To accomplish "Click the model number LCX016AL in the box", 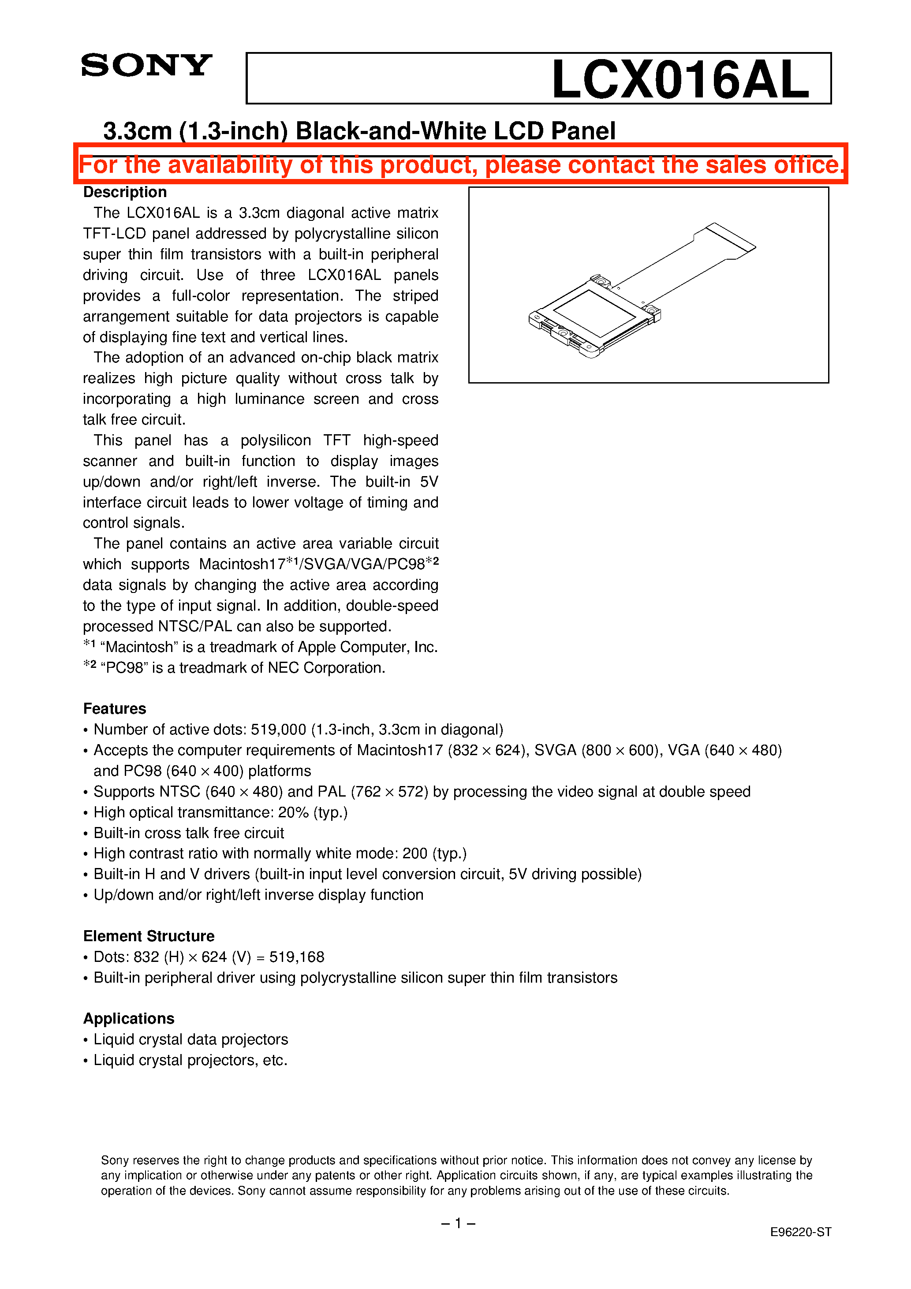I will pos(680,79).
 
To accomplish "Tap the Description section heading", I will pos(125,192).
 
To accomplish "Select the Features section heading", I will pos(115,708).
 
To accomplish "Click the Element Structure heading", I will pos(149,936).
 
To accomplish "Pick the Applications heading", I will pos(129,1018).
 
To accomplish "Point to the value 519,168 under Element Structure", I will pos(297,957).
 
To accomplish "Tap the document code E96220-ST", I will pos(800,1232).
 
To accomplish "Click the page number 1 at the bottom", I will pos(458,1223).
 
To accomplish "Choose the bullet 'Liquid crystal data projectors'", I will pos(190,1039).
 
